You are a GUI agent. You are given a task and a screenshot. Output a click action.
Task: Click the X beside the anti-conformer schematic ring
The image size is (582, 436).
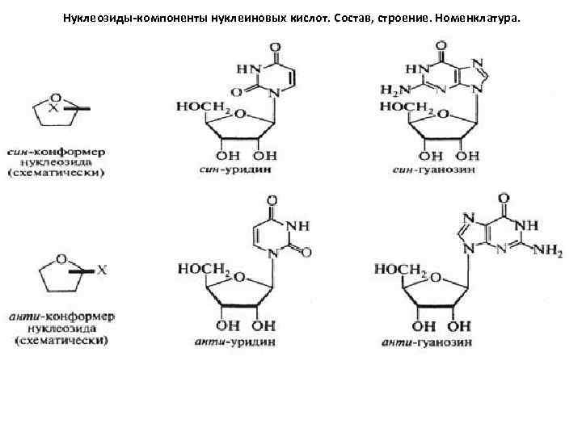[103, 271]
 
